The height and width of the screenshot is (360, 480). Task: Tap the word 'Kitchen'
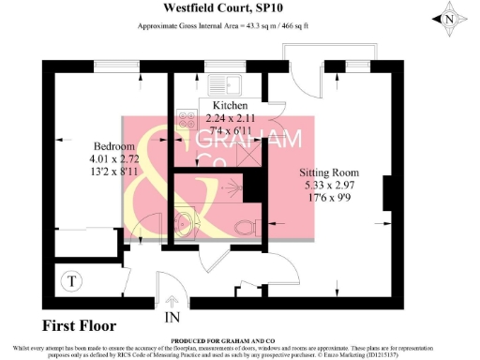[231, 104]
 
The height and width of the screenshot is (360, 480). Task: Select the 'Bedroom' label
[112, 148]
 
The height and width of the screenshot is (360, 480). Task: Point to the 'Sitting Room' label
[329, 173]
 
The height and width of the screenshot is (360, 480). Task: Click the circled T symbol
[72, 279]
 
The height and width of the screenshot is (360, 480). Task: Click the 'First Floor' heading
[81, 327]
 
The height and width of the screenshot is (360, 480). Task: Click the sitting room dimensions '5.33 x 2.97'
[329, 186]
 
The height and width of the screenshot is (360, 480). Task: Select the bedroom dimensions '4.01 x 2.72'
[113, 160]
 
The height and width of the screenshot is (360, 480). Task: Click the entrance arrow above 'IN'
[173, 302]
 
